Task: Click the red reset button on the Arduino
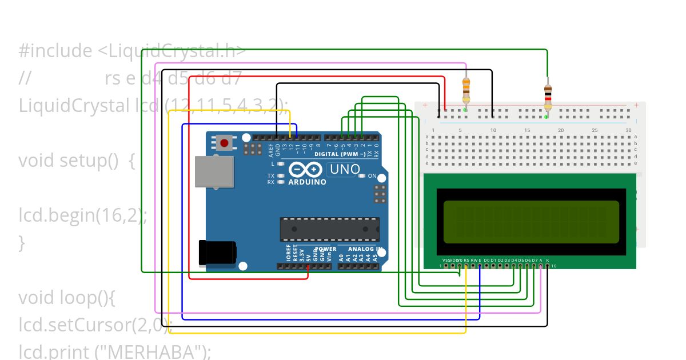(x=225, y=142)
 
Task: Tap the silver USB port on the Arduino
(x=214, y=171)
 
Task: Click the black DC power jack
(x=217, y=253)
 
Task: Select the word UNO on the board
(x=345, y=169)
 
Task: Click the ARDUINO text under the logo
(x=307, y=182)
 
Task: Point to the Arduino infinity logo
(x=307, y=170)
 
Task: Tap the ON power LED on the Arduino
(x=362, y=176)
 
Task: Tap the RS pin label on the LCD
(x=466, y=261)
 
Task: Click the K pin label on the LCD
(x=548, y=261)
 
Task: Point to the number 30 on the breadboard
(x=628, y=131)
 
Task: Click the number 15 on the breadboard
(x=527, y=131)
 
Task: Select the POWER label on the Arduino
(x=326, y=249)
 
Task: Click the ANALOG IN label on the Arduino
(x=365, y=249)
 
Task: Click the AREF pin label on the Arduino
(x=270, y=150)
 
